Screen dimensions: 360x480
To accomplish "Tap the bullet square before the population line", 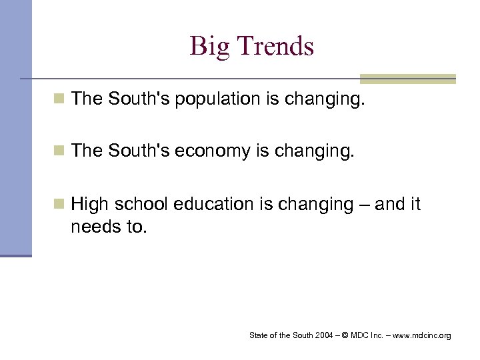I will tap(61, 99).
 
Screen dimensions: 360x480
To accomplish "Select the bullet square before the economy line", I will tap(61, 152).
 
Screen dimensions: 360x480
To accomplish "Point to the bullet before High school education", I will tap(61, 205).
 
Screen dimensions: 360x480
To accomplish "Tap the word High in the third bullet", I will tap(89, 205).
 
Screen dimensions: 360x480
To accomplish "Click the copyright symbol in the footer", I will tap(344, 335).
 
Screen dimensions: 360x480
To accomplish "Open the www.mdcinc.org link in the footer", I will tap(419, 335).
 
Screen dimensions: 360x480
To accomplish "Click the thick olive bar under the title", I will tap(407, 79).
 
